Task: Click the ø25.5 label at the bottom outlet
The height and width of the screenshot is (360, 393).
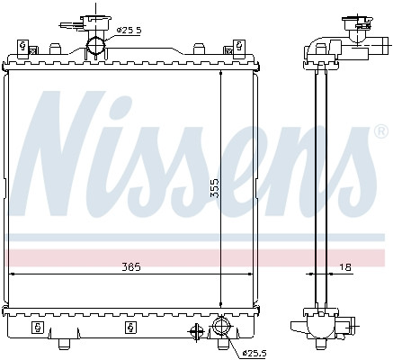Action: (255, 352)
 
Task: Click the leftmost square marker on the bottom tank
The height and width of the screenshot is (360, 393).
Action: (38, 325)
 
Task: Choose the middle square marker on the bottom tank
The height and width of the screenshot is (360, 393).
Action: (131, 325)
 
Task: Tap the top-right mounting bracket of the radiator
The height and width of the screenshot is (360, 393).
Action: (239, 45)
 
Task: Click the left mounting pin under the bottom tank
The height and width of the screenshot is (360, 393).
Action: (65, 345)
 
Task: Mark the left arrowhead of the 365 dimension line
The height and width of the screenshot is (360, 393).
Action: (9, 272)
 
